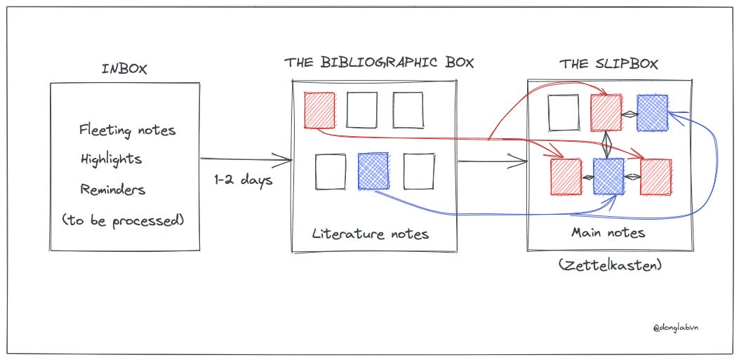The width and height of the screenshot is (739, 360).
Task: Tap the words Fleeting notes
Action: click(x=127, y=130)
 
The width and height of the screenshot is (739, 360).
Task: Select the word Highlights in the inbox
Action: click(x=111, y=159)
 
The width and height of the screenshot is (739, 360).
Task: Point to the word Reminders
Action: click(x=113, y=189)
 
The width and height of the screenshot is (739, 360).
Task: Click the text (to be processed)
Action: click(x=123, y=220)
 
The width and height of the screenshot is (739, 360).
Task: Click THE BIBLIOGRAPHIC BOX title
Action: click(x=379, y=62)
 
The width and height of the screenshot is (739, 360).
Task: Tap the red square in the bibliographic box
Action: click(x=319, y=110)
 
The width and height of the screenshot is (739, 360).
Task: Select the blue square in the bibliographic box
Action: click(x=373, y=172)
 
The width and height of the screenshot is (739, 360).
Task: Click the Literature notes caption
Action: click(x=370, y=234)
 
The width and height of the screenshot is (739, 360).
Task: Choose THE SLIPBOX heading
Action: click(x=608, y=64)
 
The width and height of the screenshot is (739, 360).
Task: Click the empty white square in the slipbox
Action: click(x=564, y=113)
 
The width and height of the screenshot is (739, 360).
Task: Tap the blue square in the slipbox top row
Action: click(x=652, y=113)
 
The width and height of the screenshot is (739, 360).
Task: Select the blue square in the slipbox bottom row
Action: click(x=608, y=176)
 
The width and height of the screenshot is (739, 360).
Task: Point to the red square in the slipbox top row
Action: click(x=606, y=113)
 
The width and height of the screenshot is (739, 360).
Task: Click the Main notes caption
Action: click(x=608, y=232)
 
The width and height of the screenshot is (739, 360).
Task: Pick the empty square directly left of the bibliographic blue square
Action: click(x=331, y=172)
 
